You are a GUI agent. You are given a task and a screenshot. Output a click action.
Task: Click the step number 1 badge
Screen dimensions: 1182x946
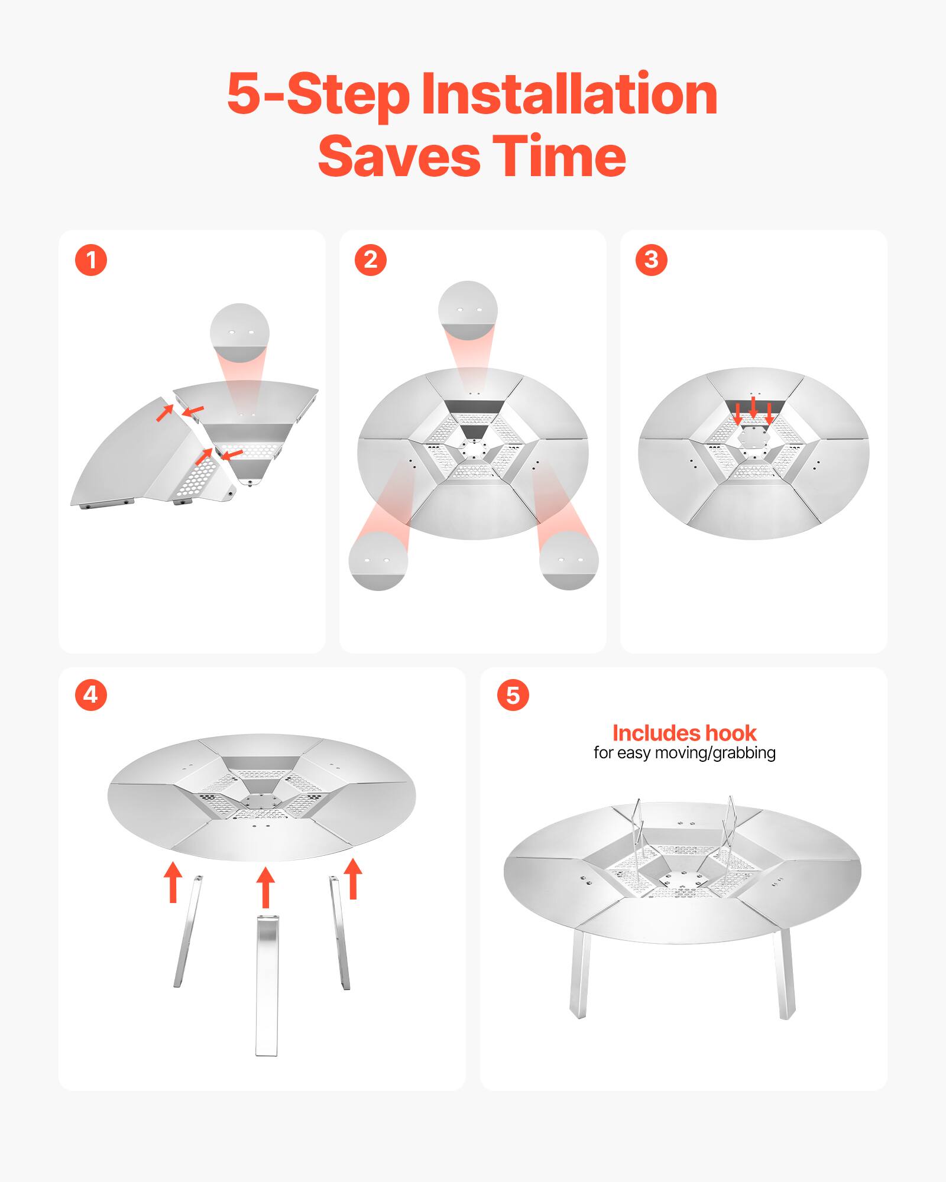(x=91, y=260)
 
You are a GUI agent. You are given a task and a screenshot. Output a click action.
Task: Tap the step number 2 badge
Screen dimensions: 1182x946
(x=371, y=260)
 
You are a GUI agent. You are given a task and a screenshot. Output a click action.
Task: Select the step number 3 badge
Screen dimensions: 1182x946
(x=651, y=260)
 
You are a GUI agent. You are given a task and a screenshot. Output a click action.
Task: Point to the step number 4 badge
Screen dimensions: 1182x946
(x=91, y=694)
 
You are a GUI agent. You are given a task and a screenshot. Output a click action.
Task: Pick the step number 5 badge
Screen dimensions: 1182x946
(x=513, y=695)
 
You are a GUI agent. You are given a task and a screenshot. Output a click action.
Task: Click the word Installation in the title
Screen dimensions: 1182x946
(x=569, y=95)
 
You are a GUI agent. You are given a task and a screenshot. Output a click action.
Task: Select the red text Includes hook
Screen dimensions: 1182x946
(x=684, y=733)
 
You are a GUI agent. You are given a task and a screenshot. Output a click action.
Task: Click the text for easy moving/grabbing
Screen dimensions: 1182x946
(x=684, y=753)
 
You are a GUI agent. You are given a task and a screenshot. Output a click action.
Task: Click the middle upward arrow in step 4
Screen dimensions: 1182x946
(x=265, y=887)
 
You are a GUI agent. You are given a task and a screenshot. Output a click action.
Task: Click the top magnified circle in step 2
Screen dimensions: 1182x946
(x=468, y=311)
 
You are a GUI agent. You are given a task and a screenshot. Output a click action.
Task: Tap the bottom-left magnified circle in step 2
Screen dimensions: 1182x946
(x=378, y=560)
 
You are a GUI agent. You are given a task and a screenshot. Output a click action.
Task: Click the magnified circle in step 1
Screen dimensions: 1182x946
(x=240, y=333)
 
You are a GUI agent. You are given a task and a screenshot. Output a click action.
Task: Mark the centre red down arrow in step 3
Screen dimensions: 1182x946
(x=753, y=407)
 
